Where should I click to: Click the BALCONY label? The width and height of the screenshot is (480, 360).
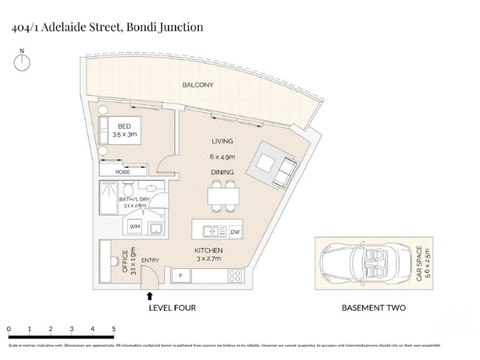coord(197,85)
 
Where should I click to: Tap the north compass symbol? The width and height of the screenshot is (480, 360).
coord(22,61)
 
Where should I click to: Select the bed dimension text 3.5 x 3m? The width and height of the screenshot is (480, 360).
coord(125,136)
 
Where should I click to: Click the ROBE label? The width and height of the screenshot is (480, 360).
coord(122,172)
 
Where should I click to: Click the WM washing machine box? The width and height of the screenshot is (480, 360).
coord(134,227)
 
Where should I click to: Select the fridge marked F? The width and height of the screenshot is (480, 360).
coord(181,276)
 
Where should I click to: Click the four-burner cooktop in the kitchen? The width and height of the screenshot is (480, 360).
coord(235,276)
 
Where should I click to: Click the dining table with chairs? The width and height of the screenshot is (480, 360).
coord(224,197)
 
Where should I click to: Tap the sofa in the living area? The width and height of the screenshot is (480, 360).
coord(285,172)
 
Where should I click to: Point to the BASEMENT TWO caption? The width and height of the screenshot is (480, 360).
coord(373,308)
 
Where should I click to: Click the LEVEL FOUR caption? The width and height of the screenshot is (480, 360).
coord(172,308)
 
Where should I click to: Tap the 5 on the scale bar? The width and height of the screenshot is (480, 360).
coord(113,329)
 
